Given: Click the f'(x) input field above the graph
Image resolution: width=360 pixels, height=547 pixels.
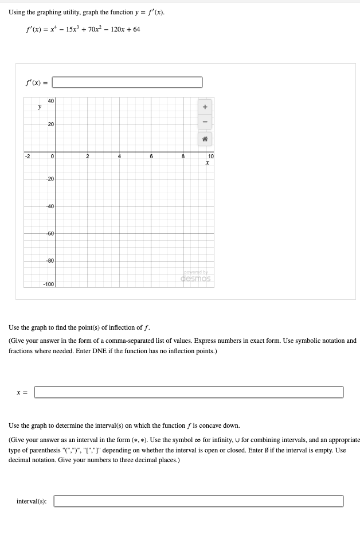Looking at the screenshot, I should pyautogui.click(x=127, y=83).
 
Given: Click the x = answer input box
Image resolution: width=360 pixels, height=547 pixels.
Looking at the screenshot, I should pyautogui.click(x=189, y=392).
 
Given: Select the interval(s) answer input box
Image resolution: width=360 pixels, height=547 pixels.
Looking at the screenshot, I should pyautogui.click(x=198, y=501).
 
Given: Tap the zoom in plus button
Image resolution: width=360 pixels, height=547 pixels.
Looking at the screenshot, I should pyautogui.click(x=205, y=107).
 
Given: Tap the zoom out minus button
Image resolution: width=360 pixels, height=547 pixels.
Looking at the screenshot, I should pyautogui.click(x=205, y=122).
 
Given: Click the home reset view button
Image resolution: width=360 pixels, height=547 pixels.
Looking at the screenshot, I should pyautogui.click(x=205, y=139).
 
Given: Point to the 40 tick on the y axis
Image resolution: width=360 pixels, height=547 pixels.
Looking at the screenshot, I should pyautogui.click(x=51, y=101).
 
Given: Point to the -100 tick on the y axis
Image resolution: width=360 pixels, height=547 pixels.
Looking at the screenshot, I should pyautogui.click(x=49, y=284).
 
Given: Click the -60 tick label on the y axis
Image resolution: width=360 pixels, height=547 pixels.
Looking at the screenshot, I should pyautogui.click(x=50, y=234).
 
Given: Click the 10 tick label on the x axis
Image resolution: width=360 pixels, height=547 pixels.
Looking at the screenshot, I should pyautogui.click(x=210, y=156).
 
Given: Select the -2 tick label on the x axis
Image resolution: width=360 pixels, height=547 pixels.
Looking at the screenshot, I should pyautogui.click(x=27, y=156).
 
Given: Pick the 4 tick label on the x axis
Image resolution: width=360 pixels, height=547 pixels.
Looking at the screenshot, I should pyautogui.click(x=119, y=156).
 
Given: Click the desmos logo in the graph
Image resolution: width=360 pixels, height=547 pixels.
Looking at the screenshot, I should pyautogui.click(x=195, y=279).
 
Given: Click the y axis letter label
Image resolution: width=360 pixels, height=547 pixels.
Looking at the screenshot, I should pyautogui.click(x=39, y=107).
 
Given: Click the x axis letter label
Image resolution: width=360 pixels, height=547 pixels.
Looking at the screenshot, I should pyautogui.click(x=207, y=163).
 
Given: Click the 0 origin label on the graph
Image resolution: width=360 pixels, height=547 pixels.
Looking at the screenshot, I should pyautogui.click(x=52, y=156).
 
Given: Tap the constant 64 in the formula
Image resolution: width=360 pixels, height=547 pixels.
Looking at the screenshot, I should pyautogui.click(x=136, y=29).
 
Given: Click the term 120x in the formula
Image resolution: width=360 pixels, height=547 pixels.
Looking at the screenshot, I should pyautogui.click(x=112, y=29).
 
